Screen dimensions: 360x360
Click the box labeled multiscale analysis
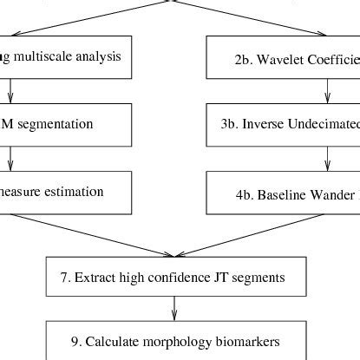(66, 57)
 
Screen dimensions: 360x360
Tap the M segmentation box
(66, 124)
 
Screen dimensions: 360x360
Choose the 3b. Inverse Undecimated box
(283, 124)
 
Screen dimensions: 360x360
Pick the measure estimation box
(66, 192)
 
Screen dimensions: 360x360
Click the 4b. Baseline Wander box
(283, 192)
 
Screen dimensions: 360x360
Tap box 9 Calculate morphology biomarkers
(175, 339)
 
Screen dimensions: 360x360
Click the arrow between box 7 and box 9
(175, 307)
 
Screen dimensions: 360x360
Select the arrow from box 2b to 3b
(327, 91)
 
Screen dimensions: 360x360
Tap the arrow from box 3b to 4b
(327, 158)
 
